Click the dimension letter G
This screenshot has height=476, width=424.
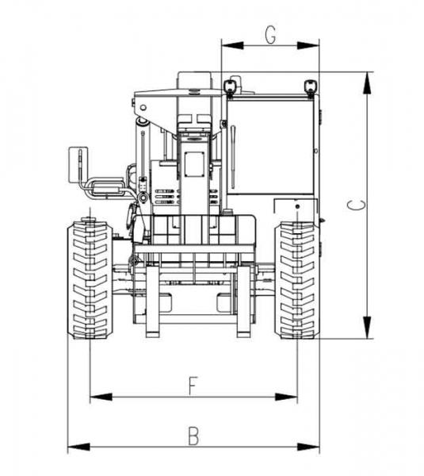[270, 35]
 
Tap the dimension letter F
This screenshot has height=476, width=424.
[192, 386]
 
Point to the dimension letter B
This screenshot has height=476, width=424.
[193, 436]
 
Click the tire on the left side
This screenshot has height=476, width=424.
[88, 279]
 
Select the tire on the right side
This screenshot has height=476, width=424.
[297, 279]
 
